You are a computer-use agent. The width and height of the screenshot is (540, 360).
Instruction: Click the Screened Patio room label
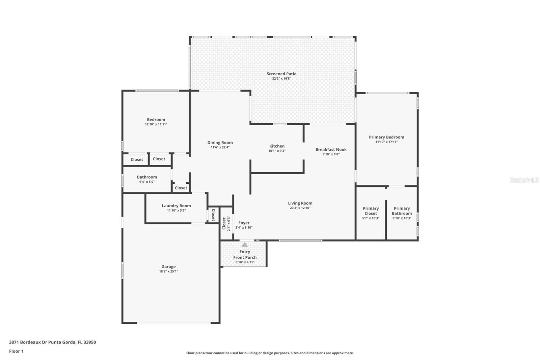click(281, 74)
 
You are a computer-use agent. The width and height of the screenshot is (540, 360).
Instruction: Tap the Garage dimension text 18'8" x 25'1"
click(168, 271)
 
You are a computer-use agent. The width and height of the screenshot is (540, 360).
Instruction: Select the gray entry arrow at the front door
click(245, 245)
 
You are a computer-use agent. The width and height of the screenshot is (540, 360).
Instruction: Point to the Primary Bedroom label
click(386, 137)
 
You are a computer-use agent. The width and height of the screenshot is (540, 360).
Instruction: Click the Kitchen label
click(277, 146)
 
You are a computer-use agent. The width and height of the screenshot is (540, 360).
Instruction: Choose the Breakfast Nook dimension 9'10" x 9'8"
click(331, 154)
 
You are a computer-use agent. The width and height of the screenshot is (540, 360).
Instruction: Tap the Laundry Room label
click(176, 206)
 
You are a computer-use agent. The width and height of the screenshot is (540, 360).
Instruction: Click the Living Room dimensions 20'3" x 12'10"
click(300, 208)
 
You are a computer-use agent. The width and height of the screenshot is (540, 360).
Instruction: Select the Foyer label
click(244, 223)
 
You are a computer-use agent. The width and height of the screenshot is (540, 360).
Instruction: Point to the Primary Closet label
click(371, 211)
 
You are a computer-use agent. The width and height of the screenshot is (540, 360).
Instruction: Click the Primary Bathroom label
click(402, 211)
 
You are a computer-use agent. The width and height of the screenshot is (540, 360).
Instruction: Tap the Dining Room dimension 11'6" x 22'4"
click(220, 147)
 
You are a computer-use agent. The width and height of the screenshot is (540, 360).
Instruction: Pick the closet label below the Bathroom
click(181, 188)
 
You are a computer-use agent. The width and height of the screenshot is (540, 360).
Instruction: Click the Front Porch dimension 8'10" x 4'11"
click(245, 262)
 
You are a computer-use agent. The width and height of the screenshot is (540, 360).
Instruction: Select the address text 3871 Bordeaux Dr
click(28, 342)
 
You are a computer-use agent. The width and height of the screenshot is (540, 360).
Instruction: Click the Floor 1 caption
click(17, 351)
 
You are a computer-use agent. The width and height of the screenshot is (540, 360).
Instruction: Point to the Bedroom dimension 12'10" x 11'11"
click(156, 124)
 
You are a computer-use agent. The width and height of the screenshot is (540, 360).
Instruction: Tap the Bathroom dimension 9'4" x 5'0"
click(147, 182)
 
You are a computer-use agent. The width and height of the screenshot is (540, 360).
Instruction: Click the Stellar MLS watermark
click(524, 180)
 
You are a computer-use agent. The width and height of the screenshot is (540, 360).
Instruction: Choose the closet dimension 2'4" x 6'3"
click(229, 224)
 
